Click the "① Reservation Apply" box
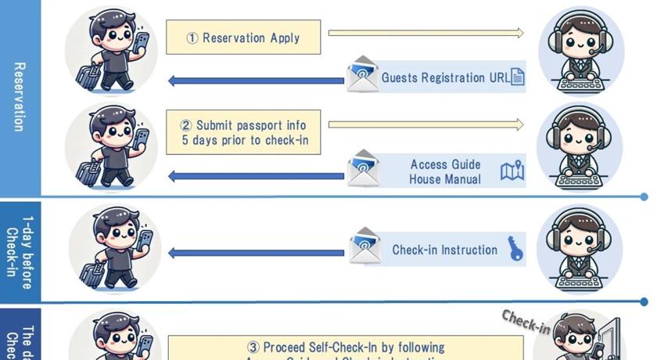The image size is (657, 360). (244, 37)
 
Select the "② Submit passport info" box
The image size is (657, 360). (244, 132)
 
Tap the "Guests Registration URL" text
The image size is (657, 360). (443, 77)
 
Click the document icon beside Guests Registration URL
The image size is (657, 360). (517, 77)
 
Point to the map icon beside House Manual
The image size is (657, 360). (512, 171)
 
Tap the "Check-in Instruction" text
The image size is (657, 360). (444, 250)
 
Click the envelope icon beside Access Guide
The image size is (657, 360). (363, 167)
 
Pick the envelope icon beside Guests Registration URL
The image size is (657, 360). (362, 73)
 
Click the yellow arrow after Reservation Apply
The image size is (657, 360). (425, 33)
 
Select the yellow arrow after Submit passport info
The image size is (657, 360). (425, 124)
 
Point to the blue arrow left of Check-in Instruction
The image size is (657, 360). (257, 252)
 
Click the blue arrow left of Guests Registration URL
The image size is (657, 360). (257, 80)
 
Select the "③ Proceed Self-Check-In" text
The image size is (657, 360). (346, 347)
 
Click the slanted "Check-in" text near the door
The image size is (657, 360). (525, 321)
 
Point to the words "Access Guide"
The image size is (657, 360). (445, 164)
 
